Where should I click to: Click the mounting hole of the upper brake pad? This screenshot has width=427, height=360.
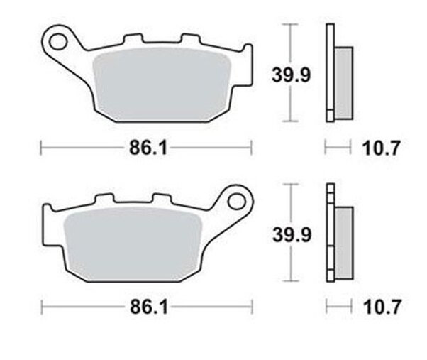pos(58,42)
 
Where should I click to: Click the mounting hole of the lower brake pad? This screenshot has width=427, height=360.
pos(237,202)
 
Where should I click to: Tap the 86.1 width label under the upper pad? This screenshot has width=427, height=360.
pos(148,148)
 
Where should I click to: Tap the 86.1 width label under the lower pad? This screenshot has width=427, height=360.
pos(149,307)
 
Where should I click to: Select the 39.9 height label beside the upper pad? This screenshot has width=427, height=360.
pos(291,75)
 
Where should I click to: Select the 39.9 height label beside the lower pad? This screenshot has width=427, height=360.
pos(292,234)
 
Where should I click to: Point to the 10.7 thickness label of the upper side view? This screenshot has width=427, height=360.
pos(382,148)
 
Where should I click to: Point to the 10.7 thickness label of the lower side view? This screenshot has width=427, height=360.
pos(382,307)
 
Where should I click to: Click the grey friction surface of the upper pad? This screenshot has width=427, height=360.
pos(162,84)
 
